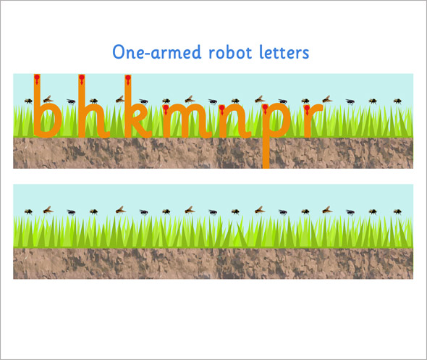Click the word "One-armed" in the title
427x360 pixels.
[157, 52]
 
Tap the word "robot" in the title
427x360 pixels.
[230, 52]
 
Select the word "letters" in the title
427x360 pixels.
[284, 52]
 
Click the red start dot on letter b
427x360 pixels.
[37, 78]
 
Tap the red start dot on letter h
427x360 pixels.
[81, 78]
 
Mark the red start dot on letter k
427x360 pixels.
[128, 78]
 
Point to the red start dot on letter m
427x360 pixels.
[166, 108]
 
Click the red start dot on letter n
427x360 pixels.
[222, 108]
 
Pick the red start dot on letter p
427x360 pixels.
[265, 108]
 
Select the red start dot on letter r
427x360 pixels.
[307, 108]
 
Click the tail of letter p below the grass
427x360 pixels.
[266, 153]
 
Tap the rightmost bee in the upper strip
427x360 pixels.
[397, 101]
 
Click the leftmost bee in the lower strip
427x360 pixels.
[28, 212]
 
